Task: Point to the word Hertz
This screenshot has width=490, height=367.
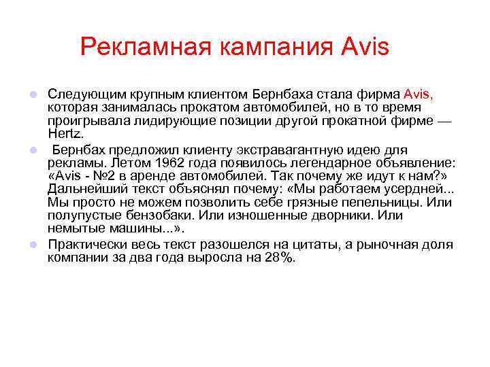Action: (64, 135)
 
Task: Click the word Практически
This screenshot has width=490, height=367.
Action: (88, 245)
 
